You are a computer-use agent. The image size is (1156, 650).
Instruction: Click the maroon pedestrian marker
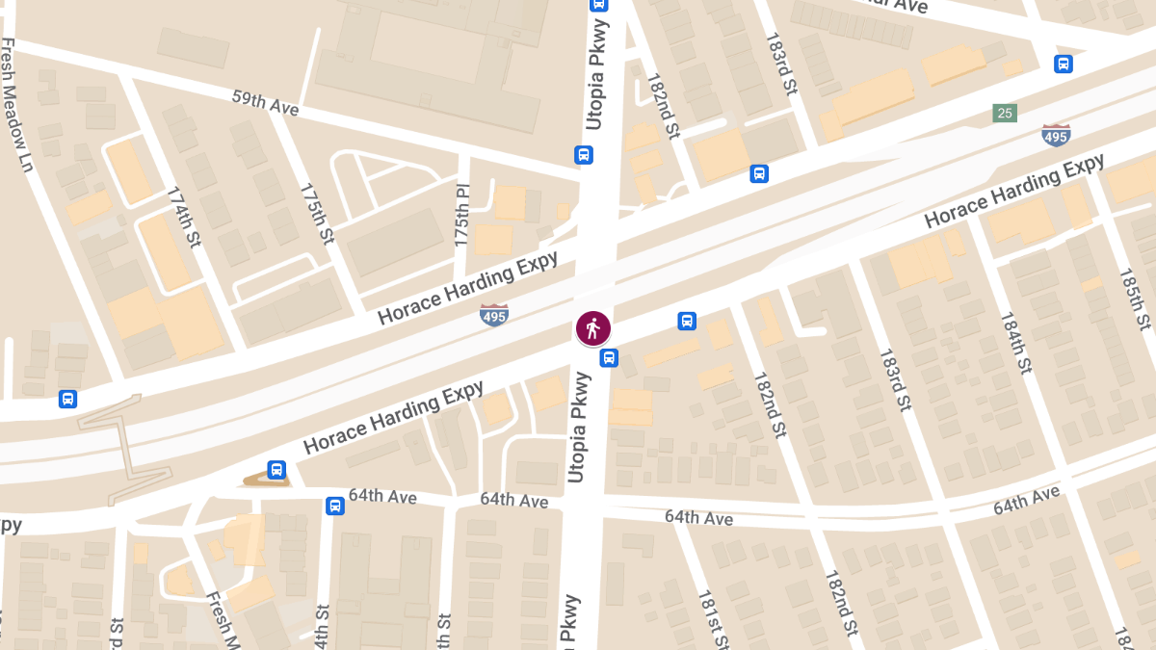click(x=592, y=328)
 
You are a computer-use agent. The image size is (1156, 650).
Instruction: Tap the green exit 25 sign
click(x=1006, y=114)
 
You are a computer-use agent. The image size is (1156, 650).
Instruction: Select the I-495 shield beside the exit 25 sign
click(x=1056, y=136)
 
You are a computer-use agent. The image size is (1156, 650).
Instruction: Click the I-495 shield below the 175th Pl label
click(x=493, y=314)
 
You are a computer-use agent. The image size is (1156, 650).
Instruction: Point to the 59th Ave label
click(x=265, y=103)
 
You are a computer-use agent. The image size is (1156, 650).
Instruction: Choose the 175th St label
click(x=316, y=213)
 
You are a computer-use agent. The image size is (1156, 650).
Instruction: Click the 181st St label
click(x=714, y=617)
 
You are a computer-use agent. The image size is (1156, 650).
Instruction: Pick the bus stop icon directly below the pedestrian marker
click(x=609, y=358)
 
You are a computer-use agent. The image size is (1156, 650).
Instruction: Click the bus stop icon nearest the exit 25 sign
click(x=1064, y=65)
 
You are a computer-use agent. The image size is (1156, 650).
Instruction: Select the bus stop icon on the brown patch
click(x=276, y=470)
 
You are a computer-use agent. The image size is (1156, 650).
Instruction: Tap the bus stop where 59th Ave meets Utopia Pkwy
click(x=583, y=155)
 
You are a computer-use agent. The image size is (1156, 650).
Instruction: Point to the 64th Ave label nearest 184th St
click(x=1026, y=500)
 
